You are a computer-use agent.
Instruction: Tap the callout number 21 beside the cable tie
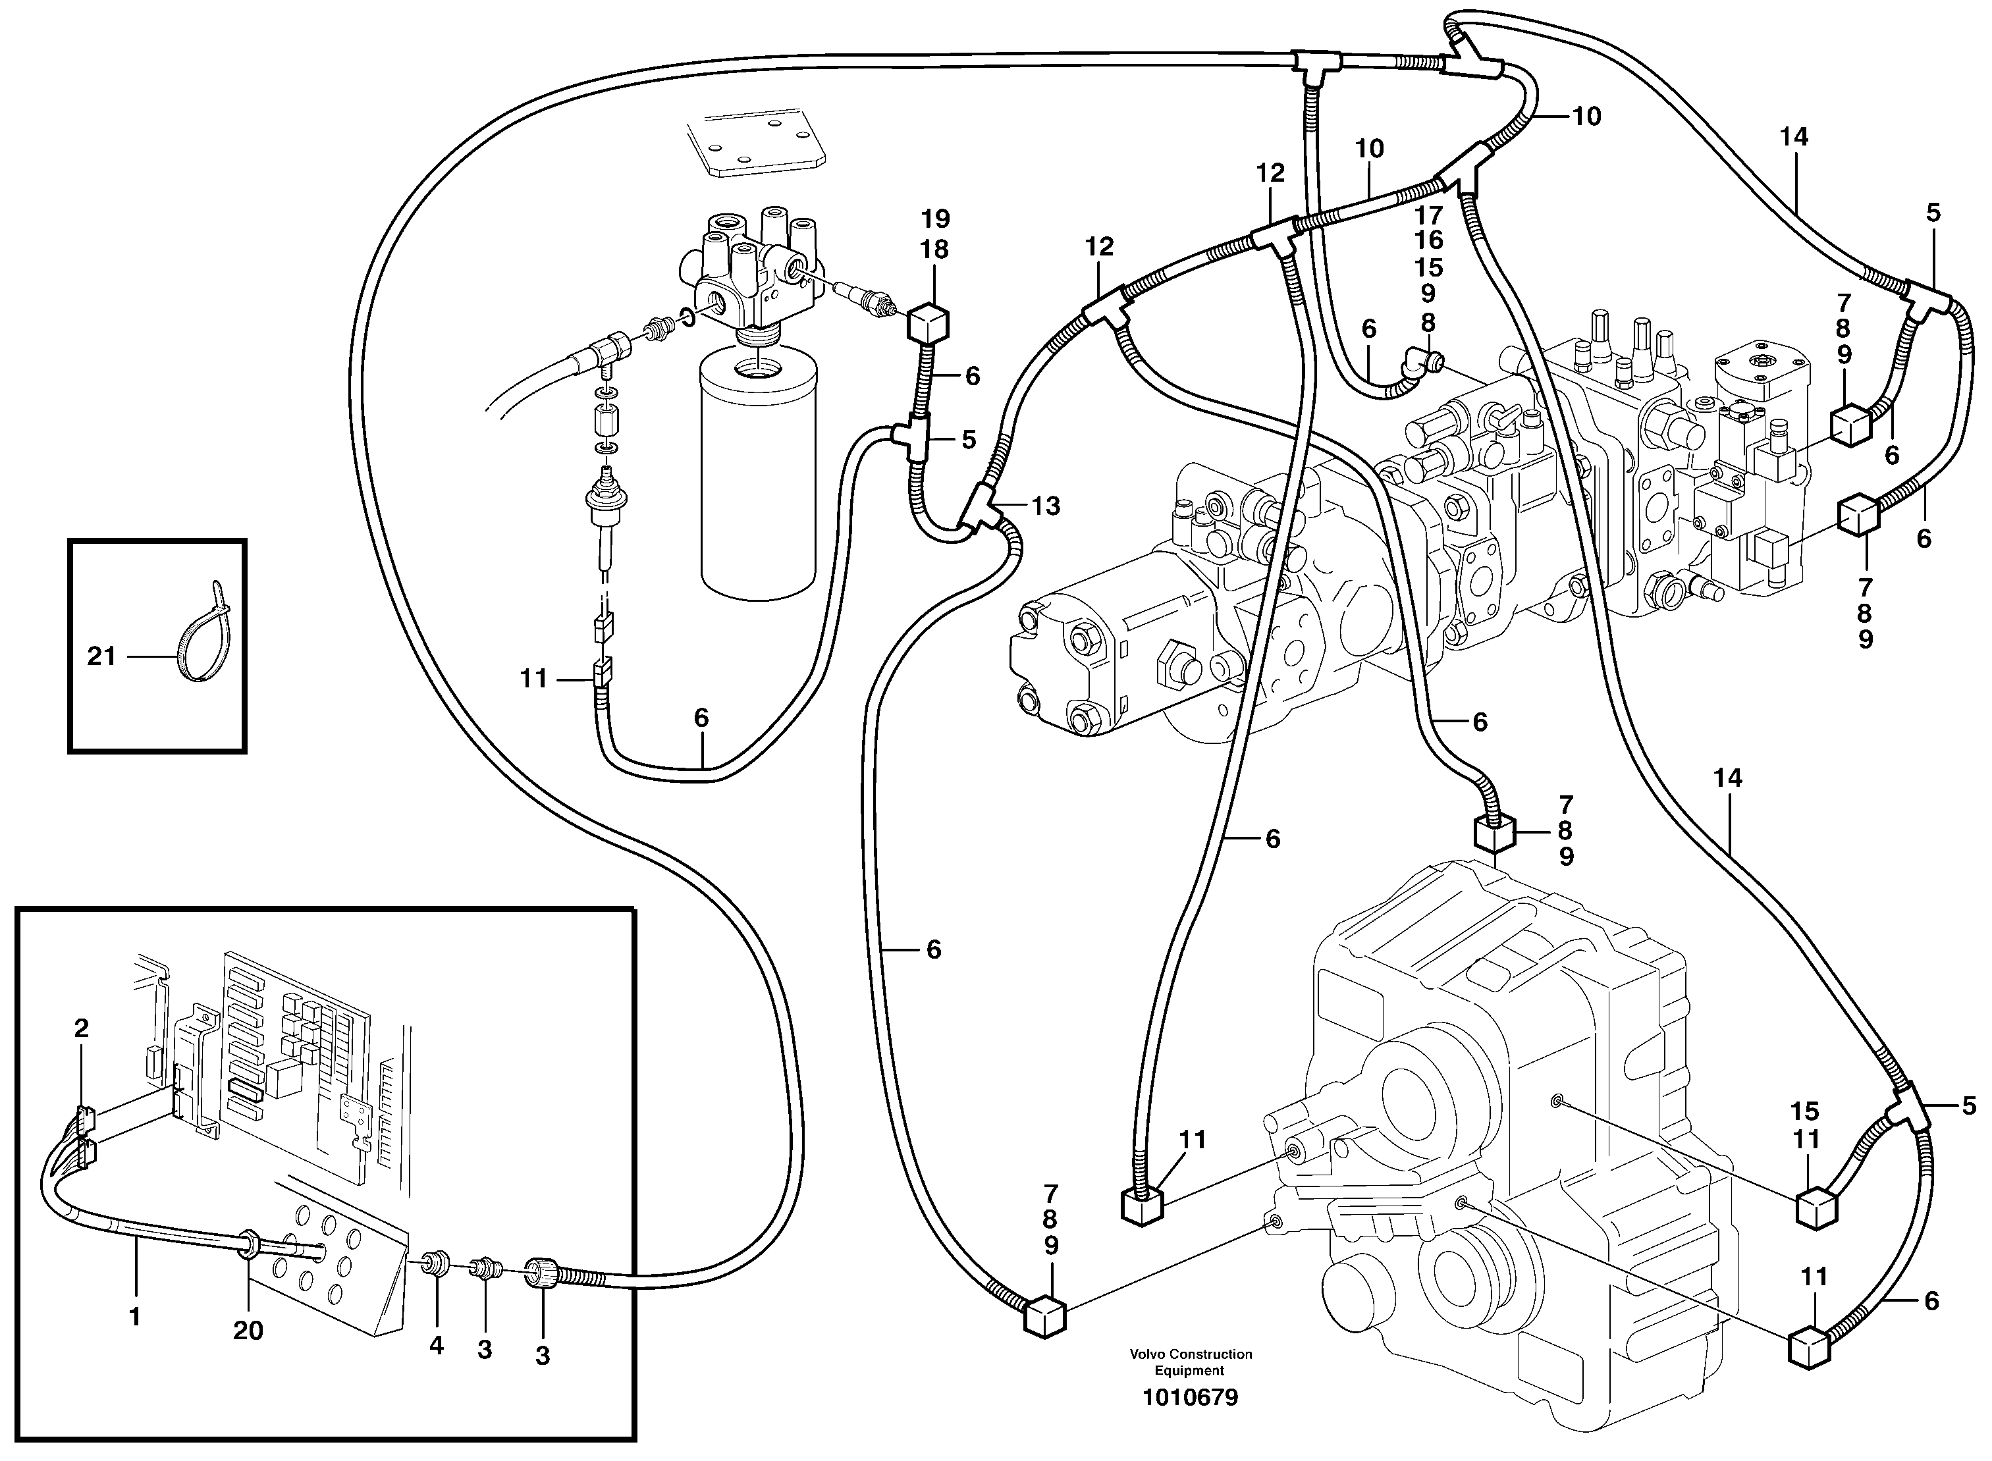(101, 656)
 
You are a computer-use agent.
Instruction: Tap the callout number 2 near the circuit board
(82, 1028)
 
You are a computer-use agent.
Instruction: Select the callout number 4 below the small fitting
(436, 1345)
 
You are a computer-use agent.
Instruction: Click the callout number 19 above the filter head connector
(935, 219)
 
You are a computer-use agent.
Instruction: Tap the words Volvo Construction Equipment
(1190, 1362)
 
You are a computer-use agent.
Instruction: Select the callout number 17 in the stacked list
(1428, 214)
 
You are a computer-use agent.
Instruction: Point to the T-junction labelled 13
(984, 508)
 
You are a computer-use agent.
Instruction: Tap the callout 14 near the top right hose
(1794, 136)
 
